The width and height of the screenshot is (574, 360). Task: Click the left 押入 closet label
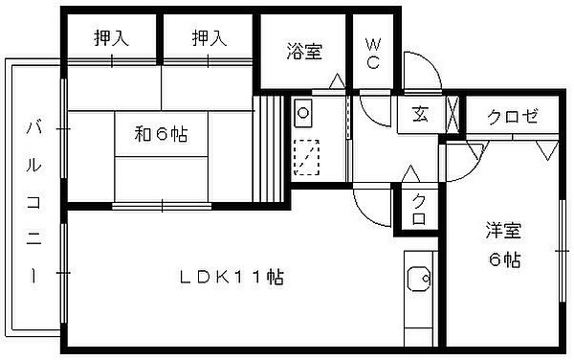pos(111,37)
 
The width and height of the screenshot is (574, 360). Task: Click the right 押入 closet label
pos(210,37)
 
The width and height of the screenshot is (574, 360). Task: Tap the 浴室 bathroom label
pos(304,52)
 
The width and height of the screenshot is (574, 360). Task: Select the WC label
pos(373,54)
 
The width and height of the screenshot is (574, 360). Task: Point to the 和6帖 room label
pos(161,134)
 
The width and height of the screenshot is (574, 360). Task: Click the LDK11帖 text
pos(232,278)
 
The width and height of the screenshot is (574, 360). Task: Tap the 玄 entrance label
pos(420,114)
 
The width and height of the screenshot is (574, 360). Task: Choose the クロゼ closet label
pos(513,117)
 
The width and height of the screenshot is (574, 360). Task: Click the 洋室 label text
pos(503,231)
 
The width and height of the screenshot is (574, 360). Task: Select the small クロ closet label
pos(419,210)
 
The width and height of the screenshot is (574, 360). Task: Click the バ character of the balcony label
pos(33,128)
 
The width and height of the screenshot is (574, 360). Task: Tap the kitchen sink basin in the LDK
pos(419,279)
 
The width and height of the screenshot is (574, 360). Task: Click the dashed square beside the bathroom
pos(307,157)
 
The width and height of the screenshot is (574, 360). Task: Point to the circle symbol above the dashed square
pos(303,113)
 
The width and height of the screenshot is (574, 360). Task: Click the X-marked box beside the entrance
pos(453,114)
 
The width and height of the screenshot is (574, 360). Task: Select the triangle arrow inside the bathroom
pos(337,81)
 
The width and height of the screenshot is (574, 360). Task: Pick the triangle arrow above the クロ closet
pos(410,173)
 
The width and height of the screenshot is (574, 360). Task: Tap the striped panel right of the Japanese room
pos(268,149)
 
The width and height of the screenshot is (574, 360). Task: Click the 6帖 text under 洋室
pos(505,259)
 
